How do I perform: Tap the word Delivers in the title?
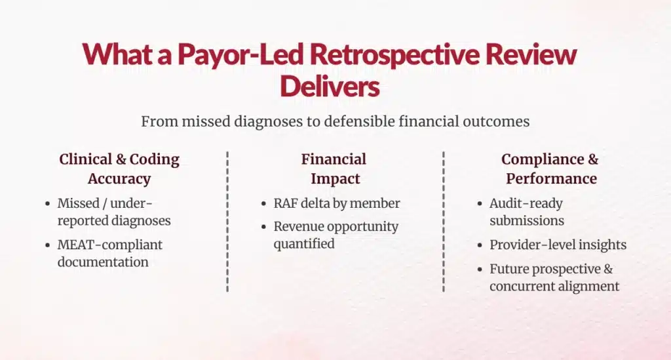click(x=330, y=86)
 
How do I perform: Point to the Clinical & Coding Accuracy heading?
click(x=119, y=169)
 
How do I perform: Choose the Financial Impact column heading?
click(x=335, y=169)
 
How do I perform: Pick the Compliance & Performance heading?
click(x=550, y=169)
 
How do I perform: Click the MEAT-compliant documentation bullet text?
click(x=110, y=253)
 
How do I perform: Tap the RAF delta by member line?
click(x=337, y=203)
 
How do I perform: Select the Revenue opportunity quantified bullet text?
click(x=336, y=235)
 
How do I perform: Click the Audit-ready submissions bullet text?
click(x=527, y=212)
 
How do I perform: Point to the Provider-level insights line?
click(x=558, y=245)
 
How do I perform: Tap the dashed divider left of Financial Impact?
click(x=227, y=221)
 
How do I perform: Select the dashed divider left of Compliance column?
click(x=443, y=221)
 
